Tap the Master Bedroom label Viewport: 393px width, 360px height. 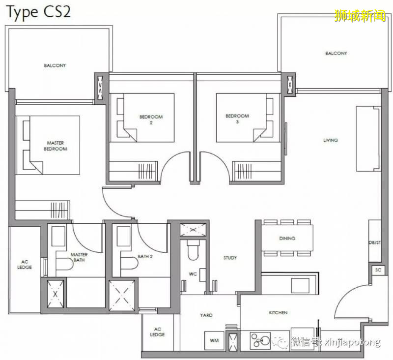tap(56, 146)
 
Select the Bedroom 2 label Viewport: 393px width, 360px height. tap(151, 120)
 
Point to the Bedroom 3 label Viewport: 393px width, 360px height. tap(237, 119)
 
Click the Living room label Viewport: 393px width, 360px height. tap(330, 140)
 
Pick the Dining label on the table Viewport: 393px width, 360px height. tap(287, 238)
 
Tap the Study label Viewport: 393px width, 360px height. tap(230, 258)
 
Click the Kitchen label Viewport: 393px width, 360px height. tap(278, 313)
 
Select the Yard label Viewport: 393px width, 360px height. tap(206, 315)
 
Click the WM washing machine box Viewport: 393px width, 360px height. tap(214, 340)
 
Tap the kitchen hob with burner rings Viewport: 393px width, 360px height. tap(260, 340)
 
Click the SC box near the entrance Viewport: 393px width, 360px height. tap(378, 270)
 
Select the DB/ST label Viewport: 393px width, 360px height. tap(375, 242)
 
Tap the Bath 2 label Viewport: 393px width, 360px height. tap(145, 256)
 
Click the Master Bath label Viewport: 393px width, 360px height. tap(79, 257)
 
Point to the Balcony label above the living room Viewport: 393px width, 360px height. tap(336, 53)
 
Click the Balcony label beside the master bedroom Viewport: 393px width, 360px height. tap(55, 65)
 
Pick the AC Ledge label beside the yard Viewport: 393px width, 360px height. tap(157, 331)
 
